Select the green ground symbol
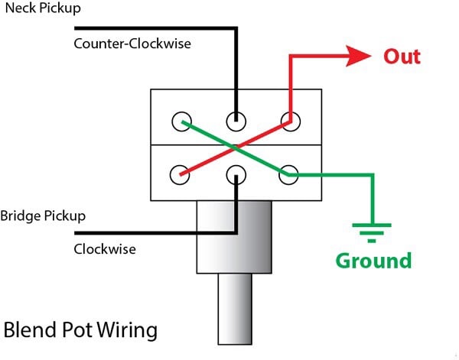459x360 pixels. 371,229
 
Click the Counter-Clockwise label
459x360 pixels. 132,44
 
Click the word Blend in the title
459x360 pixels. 33,332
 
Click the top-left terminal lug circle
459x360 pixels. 181,120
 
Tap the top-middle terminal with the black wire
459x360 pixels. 235,120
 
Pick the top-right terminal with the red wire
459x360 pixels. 288,120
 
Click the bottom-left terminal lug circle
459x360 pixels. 181,174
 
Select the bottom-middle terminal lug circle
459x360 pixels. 235,174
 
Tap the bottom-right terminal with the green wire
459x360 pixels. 288,174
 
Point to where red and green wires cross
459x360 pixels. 235,146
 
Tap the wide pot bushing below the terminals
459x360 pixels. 234,237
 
